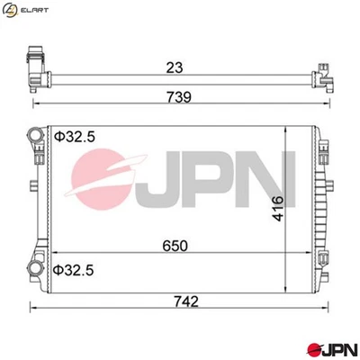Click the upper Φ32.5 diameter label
[73, 137]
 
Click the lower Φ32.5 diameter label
[73, 268]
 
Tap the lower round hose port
[36, 269]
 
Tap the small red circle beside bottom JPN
[315, 346]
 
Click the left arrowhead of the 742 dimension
[32, 311]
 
